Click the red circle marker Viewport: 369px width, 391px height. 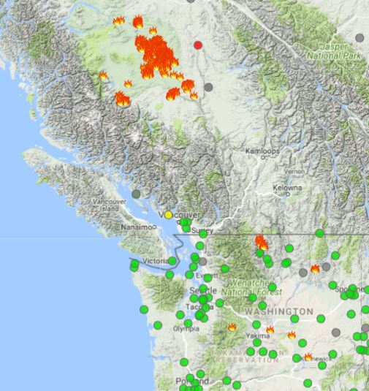click(198, 45)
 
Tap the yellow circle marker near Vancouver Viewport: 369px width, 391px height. click(169, 215)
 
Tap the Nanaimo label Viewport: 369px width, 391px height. click(137, 227)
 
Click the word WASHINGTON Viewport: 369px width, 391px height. click(274, 311)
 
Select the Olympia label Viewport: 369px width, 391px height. click(186, 329)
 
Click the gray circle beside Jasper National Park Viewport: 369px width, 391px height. click(360, 38)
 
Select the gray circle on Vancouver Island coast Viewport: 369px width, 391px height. click(136, 194)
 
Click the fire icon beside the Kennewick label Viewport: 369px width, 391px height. click(308, 357)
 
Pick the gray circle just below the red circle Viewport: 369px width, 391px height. click(209, 87)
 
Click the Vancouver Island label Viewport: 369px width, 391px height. click(110, 204)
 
